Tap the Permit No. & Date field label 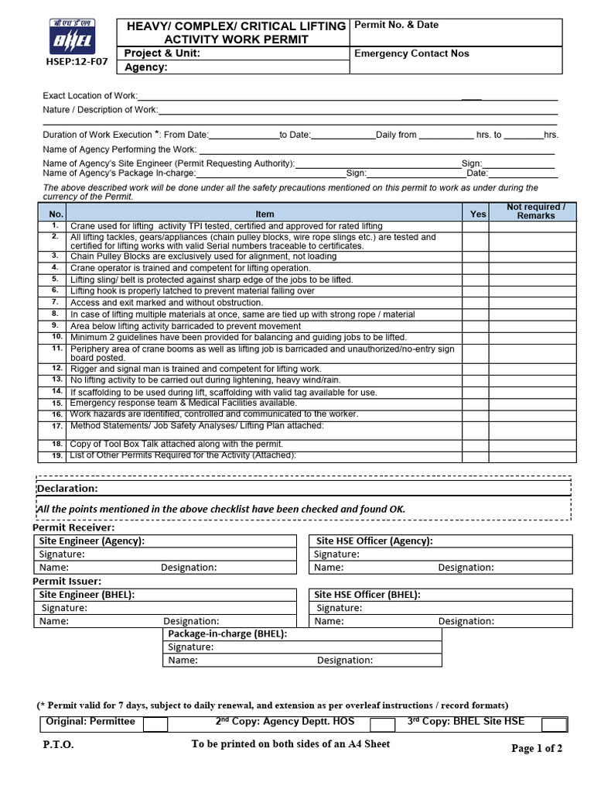click(x=396, y=25)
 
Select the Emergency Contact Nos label click(x=411, y=53)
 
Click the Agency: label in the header click(x=146, y=67)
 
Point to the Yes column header click(x=478, y=214)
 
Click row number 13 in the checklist click(x=56, y=379)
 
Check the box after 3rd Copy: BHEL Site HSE click(x=554, y=724)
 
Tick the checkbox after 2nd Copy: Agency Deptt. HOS click(x=382, y=724)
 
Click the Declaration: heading click(x=67, y=489)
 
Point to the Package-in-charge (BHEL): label click(x=228, y=633)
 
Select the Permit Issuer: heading click(x=67, y=581)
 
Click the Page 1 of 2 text click(x=537, y=748)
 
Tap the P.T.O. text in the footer click(x=59, y=746)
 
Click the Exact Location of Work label click(x=90, y=95)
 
